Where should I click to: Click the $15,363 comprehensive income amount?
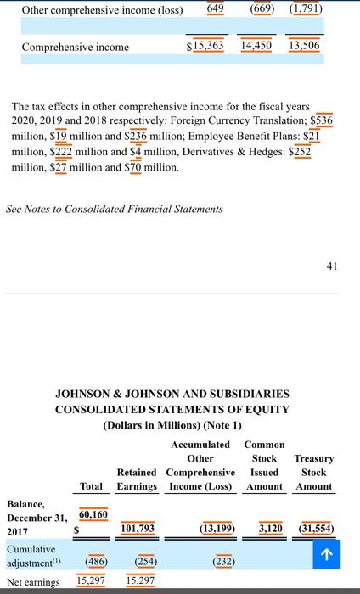coord(205,45)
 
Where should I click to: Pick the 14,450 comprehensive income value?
coord(257,45)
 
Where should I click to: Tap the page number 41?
coord(331,266)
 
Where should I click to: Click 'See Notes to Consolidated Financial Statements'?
coord(115,208)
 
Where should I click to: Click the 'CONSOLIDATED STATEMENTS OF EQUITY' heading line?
coord(172,409)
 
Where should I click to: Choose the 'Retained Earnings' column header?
coord(136,479)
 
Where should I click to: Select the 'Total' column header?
coord(92,486)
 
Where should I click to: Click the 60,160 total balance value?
coord(93,514)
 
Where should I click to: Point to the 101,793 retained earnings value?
coord(138,528)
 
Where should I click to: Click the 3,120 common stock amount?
coord(270,528)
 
